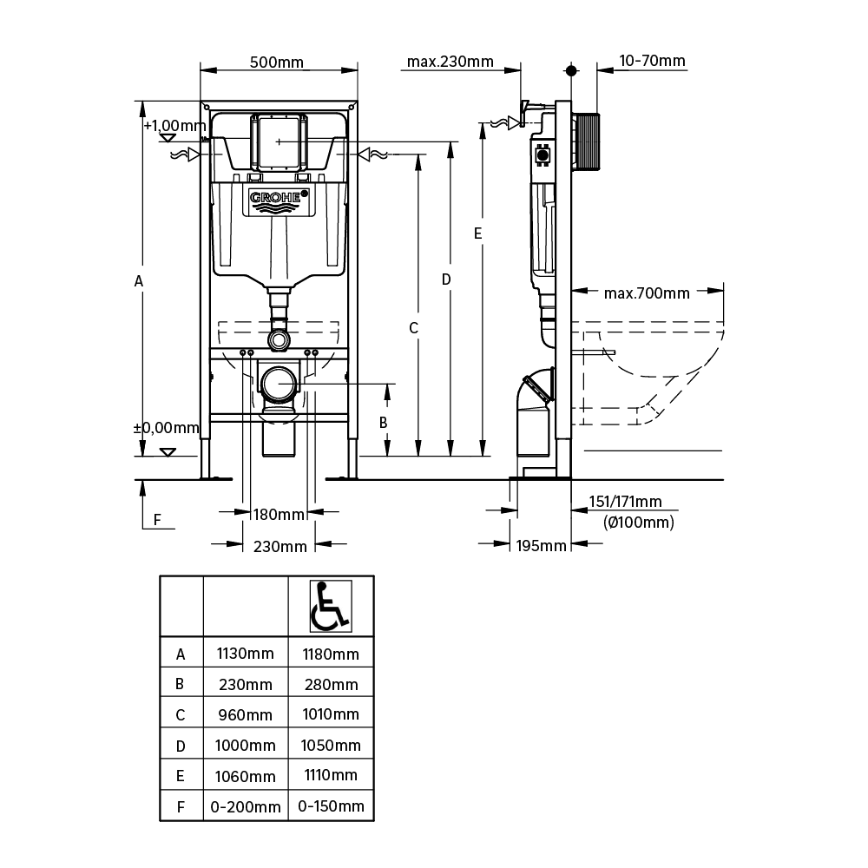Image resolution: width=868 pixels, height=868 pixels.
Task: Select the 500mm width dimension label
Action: click(277, 62)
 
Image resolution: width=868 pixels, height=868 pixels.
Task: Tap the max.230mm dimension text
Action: click(450, 62)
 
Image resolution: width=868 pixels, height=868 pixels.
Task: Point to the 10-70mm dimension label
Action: click(652, 61)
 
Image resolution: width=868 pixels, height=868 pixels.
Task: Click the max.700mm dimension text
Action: click(647, 293)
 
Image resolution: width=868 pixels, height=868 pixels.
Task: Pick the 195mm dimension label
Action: click(542, 545)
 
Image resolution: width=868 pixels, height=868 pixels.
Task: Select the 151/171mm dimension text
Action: click(625, 502)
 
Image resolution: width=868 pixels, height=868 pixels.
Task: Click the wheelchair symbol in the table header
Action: click(330, 605)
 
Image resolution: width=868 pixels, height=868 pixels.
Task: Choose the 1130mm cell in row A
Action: click(245, 654)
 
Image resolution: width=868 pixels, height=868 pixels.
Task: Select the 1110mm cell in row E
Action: click(330, 775)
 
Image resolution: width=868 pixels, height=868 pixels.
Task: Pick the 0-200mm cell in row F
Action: click(245, 806)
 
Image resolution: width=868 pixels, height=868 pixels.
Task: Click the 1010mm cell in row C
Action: click(330, 714)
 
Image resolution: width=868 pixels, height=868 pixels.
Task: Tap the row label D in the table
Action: click(181, 745)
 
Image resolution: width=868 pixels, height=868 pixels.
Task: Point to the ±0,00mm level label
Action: click(166, 428)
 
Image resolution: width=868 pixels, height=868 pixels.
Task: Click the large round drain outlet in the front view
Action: click(279, 383)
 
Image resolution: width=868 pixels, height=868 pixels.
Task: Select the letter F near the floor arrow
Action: click(157, 519)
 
